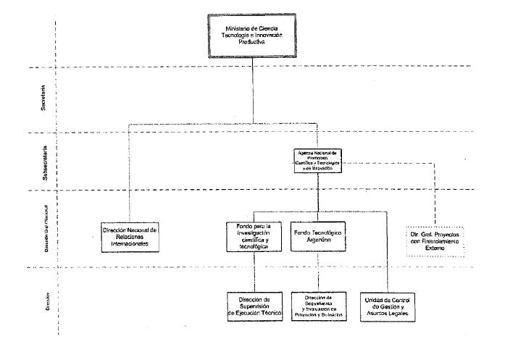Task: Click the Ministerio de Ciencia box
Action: click(252, 35)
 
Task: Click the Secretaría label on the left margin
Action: click(43, 97)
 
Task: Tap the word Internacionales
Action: click(131, 244)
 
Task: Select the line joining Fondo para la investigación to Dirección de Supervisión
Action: click(253, 272)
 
